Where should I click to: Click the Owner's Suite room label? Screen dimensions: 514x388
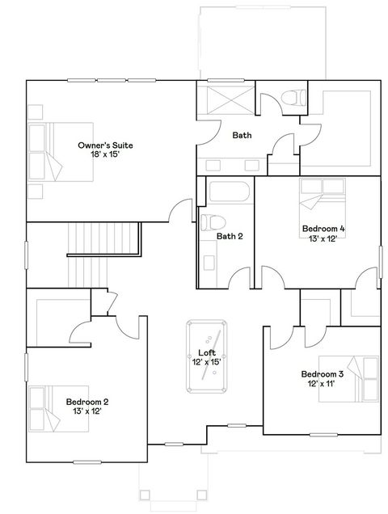coord(105,145)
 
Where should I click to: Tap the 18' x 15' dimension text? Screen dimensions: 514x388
coord(105,154)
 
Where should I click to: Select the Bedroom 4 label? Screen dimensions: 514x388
coord(323,229)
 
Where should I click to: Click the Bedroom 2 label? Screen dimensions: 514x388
coord(87,402)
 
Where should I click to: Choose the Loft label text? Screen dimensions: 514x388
coord(206,353)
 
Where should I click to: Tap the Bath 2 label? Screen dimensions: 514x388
coord(230,236)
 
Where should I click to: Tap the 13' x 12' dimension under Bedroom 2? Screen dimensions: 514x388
coord(87,411)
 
